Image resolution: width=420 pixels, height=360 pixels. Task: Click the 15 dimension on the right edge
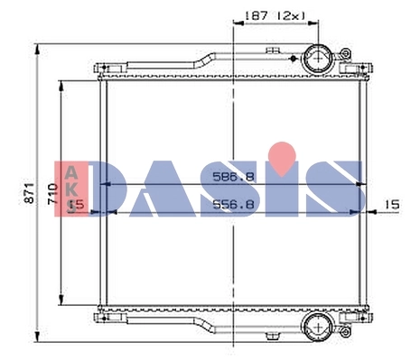[x=391, y=206]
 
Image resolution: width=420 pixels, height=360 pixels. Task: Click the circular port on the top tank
[x=318, y=60]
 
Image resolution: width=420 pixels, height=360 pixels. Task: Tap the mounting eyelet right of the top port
[x=345, y=59]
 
